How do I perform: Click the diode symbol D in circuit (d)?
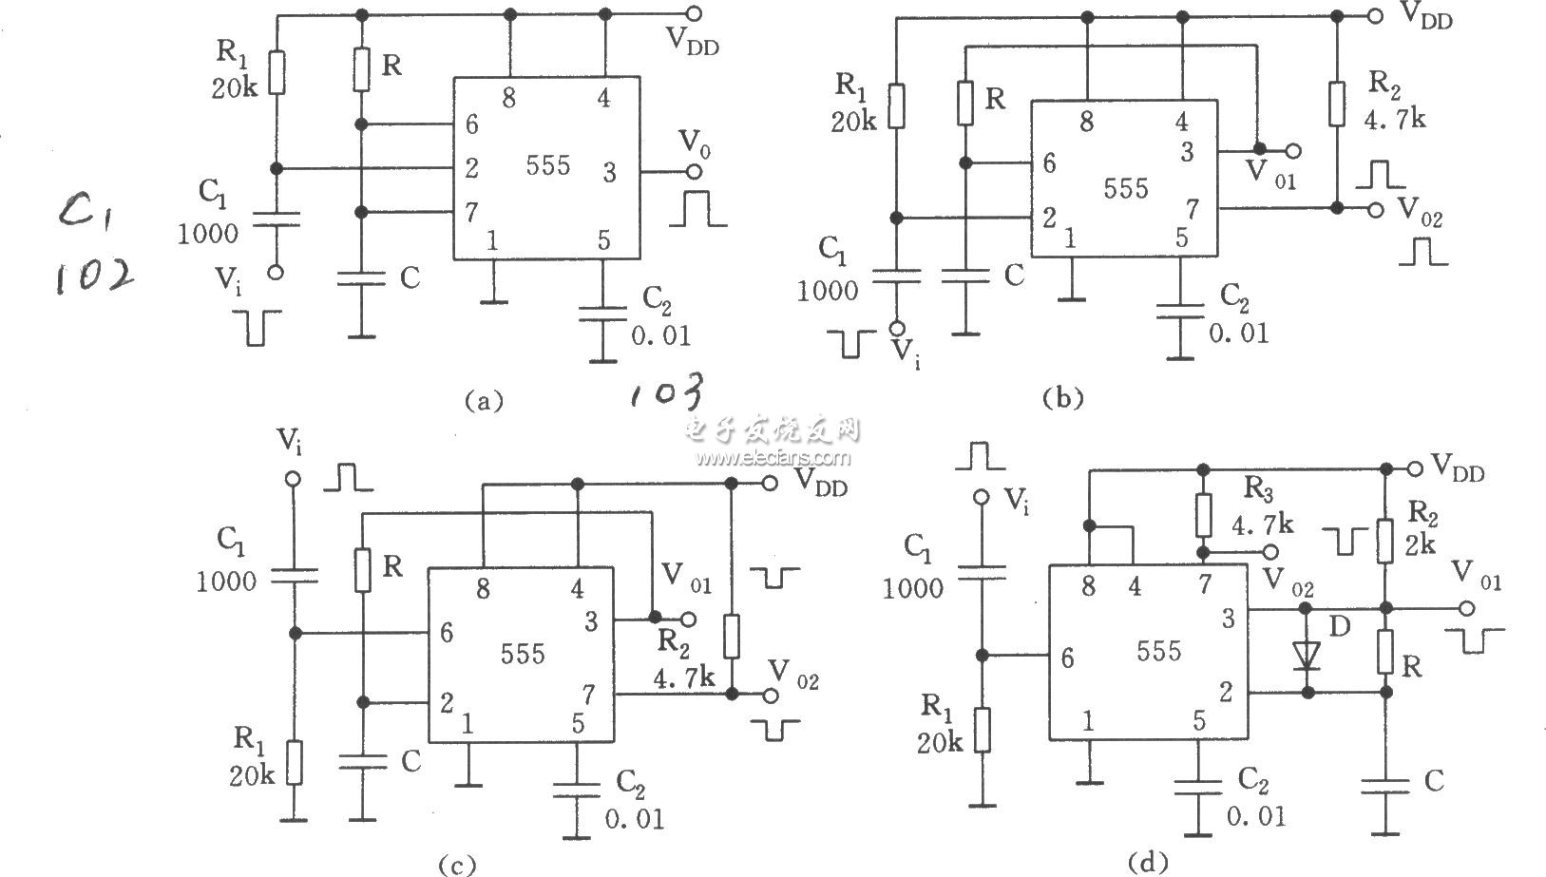1307,655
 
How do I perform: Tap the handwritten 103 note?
667,392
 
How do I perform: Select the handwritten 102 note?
95,278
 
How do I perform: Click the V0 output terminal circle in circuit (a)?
695,171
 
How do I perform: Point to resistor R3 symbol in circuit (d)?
1203,515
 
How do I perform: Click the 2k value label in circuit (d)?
1421,544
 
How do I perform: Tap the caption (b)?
1063,398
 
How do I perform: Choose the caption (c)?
457,865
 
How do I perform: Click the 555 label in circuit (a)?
548,165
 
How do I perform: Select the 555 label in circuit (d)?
1159,651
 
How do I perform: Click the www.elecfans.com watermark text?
773,457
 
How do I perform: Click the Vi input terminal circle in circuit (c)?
294,479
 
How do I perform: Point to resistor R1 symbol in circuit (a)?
277,72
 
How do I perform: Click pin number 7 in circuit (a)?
471,213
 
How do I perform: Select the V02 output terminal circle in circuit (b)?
1376,209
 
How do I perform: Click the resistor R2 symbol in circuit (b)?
1337,105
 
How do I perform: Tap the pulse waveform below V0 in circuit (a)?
697,208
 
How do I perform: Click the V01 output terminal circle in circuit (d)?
1466,609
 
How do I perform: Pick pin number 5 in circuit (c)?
578,723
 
